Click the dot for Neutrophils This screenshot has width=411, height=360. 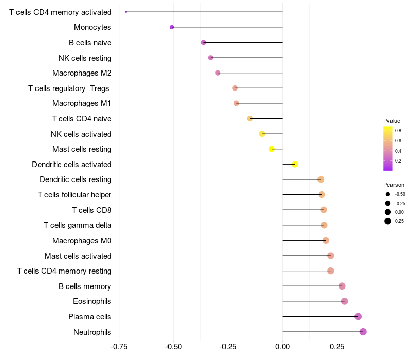pyautogui.click(x=363, y=332)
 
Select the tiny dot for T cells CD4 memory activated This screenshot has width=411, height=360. pyautogui.click(x=126, y=12)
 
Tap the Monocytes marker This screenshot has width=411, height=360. pyautogui.click(x=172, y=27)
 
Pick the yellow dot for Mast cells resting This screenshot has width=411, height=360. pyautogui.click(x=272, y=149)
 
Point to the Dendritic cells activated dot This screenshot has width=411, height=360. pyautogui.click(x=295, y=164)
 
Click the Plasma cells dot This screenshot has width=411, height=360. pyautogui.click(x=358, y=316)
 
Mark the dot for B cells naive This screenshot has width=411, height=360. pyautogui.click(x=203, y=42)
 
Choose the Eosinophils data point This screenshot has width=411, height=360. pyautogui.click(x=344, y=301)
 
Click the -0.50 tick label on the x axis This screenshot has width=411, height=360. pyautogui.click(x=173, y=347)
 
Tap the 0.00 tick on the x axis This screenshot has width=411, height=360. pyautogui.click(x=282, y=347)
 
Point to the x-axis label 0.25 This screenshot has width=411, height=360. pyautogui.click(x=337, y=347)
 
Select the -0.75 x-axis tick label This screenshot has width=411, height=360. pyautogui.click(x=119, y=347)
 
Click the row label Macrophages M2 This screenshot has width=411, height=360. pyautogui.click(x=82, y=73)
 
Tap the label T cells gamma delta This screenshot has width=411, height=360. pyautogui.click(x=78, y=225)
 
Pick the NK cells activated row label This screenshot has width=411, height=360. pyautogui.click(x=81, y=134)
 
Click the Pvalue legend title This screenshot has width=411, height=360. pyautogui.click(x=391, y=121)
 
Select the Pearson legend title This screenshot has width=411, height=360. pyautogui.click(x=394, y=185)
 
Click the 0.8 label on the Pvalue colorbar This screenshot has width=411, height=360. pyautogui.click(x=398, y=131)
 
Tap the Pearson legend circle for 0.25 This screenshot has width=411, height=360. pyautogui.click(x=388, y=221)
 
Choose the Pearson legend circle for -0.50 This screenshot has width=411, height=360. pyautogui.click(x=388, y=194)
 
